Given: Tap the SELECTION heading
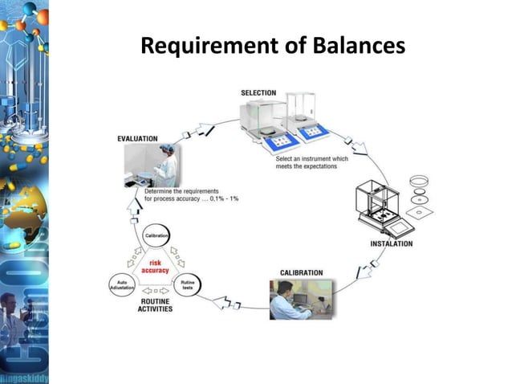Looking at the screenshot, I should tap(258, 93).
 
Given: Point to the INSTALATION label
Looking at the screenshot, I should tap(391, 243).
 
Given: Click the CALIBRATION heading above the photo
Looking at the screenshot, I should tap(301, 273).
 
